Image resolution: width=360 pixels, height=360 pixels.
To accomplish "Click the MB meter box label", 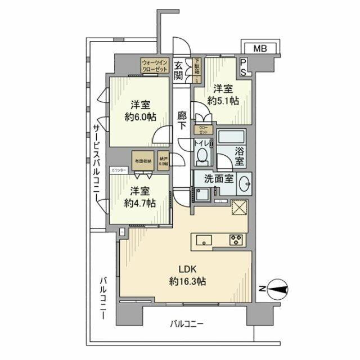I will tap(259, 48).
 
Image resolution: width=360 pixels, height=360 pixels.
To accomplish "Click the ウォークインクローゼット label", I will tap(155, 65).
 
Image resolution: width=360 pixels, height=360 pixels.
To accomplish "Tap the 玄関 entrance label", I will tap(179, 70).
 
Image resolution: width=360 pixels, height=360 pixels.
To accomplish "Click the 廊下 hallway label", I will tap(181, 119).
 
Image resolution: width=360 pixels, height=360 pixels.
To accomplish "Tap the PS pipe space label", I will tap(243, 67).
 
